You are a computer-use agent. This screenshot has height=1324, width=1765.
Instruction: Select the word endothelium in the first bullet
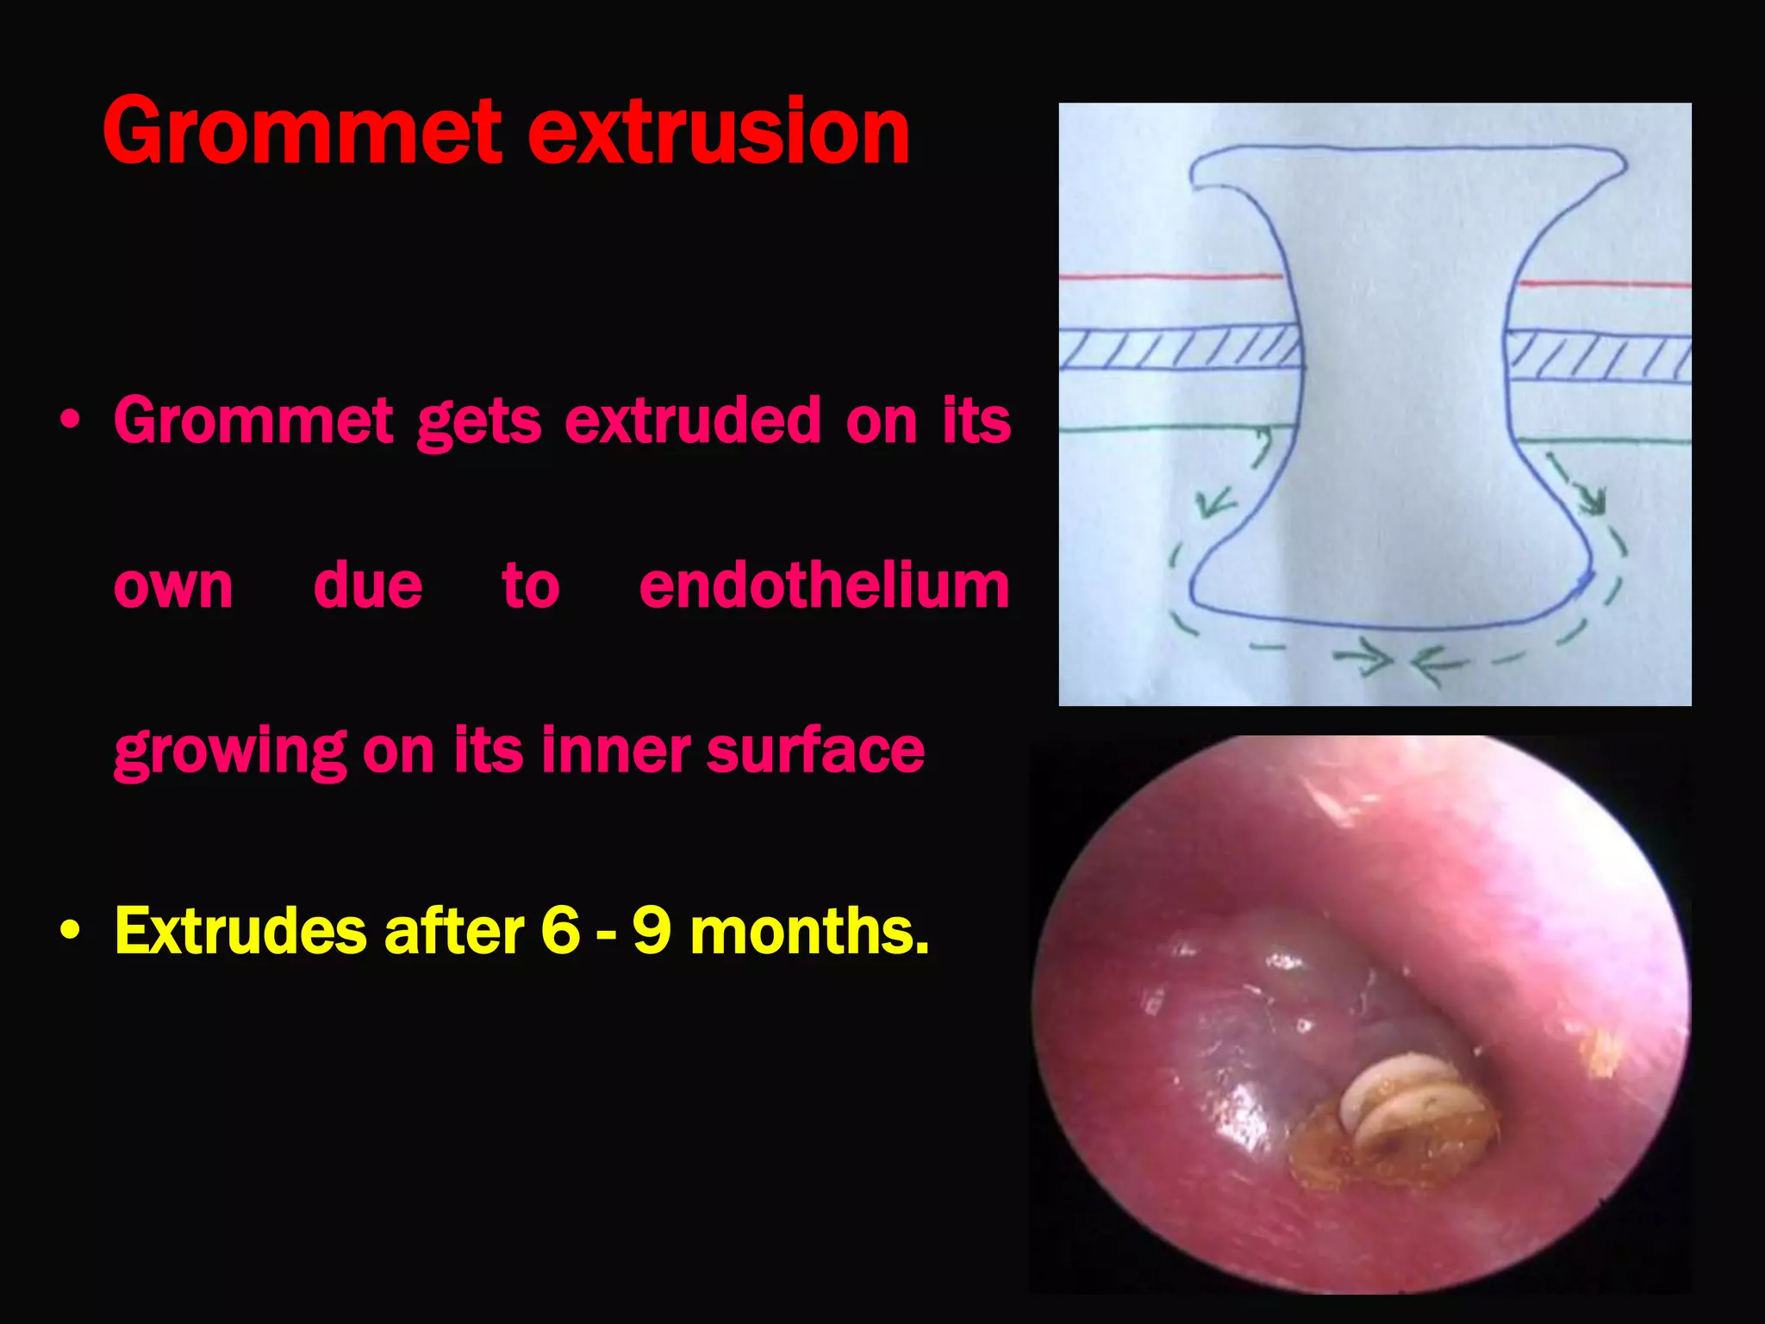824,586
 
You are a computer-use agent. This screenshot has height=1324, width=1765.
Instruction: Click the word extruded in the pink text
693,421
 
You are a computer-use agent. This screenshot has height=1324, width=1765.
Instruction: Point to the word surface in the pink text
815,750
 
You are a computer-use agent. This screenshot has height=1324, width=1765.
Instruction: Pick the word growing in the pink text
229,752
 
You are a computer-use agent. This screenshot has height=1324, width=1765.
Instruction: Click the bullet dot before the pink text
71,422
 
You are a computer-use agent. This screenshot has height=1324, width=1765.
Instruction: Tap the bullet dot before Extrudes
71,932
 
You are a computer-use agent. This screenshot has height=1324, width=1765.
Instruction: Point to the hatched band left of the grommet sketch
1179,349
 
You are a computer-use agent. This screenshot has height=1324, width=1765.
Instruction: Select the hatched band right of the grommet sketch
1599,355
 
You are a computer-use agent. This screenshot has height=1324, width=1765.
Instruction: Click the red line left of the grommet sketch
1172,277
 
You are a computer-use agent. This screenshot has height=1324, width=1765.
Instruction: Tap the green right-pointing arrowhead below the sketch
1377,661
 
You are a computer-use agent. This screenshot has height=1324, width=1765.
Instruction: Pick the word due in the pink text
367,586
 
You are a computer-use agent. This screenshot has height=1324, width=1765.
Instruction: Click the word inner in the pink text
614,750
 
